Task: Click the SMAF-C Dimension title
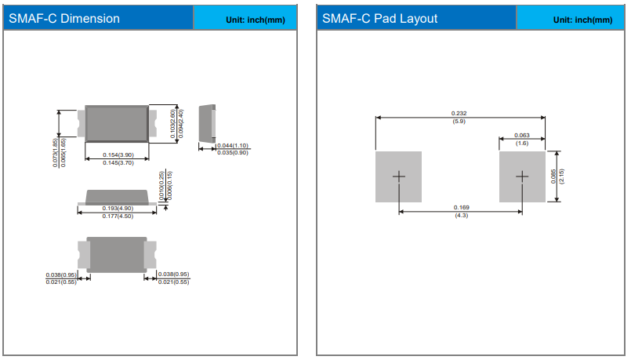click(64, 18)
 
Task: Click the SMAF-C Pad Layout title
click(380, 18)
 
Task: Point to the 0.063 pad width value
click(522, 135)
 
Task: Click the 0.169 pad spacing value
click(461, 206)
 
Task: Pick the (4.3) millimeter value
click(461, 216)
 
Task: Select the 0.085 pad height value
click(553, 176)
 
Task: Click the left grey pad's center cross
click(399, 176)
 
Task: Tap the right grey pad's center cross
click(523, 176)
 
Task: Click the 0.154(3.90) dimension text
click(118, 155)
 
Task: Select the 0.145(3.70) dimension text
click(118, 163)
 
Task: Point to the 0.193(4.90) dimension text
click(118, 208)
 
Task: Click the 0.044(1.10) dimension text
click(233, 145)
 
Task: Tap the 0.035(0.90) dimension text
click(233, 152)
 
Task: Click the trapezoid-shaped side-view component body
click(118, 195)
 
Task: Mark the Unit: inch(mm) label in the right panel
click(571, 19)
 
